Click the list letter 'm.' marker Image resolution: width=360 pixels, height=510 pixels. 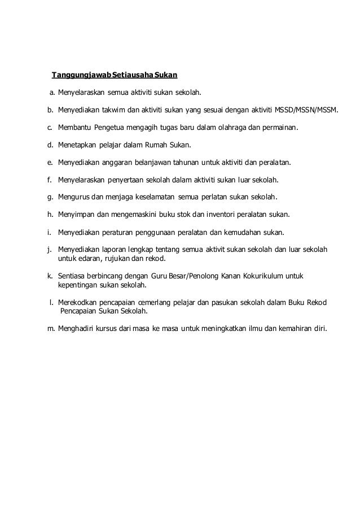click(51, 328)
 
